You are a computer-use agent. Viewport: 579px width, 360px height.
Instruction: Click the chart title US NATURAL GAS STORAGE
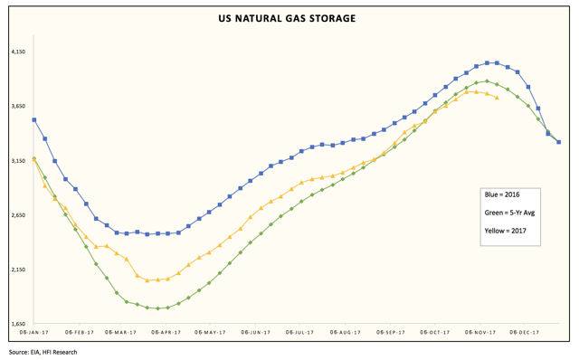pyautogui.click(x=288, y=18)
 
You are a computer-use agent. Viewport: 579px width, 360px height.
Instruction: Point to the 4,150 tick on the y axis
pyautogui.click(x=17, y=52)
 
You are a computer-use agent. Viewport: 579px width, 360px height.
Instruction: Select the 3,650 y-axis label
pyautogui.click(x=17, y=107)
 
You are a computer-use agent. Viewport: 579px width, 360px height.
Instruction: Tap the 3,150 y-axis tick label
pyautogui.click(x=17, y=161)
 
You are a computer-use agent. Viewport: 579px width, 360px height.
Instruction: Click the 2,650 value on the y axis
pyautogui.click(x=17, y=215)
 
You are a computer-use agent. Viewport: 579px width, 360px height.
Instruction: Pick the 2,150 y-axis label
pyautogui.click(x=17, y=270)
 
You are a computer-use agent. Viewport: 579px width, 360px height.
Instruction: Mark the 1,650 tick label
pyautogui.click(x=17, y=324)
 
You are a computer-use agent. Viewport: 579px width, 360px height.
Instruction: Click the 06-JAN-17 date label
pyautogui.click(x=33, y=333)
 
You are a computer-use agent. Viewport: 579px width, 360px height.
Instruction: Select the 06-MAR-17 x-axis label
pyautogui.click(x=121, y=333)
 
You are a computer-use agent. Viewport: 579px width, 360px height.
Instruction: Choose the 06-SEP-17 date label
pyautogui.click(x=390, y=333)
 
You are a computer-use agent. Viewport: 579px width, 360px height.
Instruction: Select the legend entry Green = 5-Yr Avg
pyautogui.click(x=509, y=213)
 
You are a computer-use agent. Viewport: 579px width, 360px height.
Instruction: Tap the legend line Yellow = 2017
pyautogui.click(x=505, y=231)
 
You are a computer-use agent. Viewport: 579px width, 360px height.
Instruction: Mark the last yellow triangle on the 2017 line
pyautogui.click(x=497, y=98)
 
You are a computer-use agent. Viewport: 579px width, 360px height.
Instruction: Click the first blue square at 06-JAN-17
pyautogui.click(x=34, y=119)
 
